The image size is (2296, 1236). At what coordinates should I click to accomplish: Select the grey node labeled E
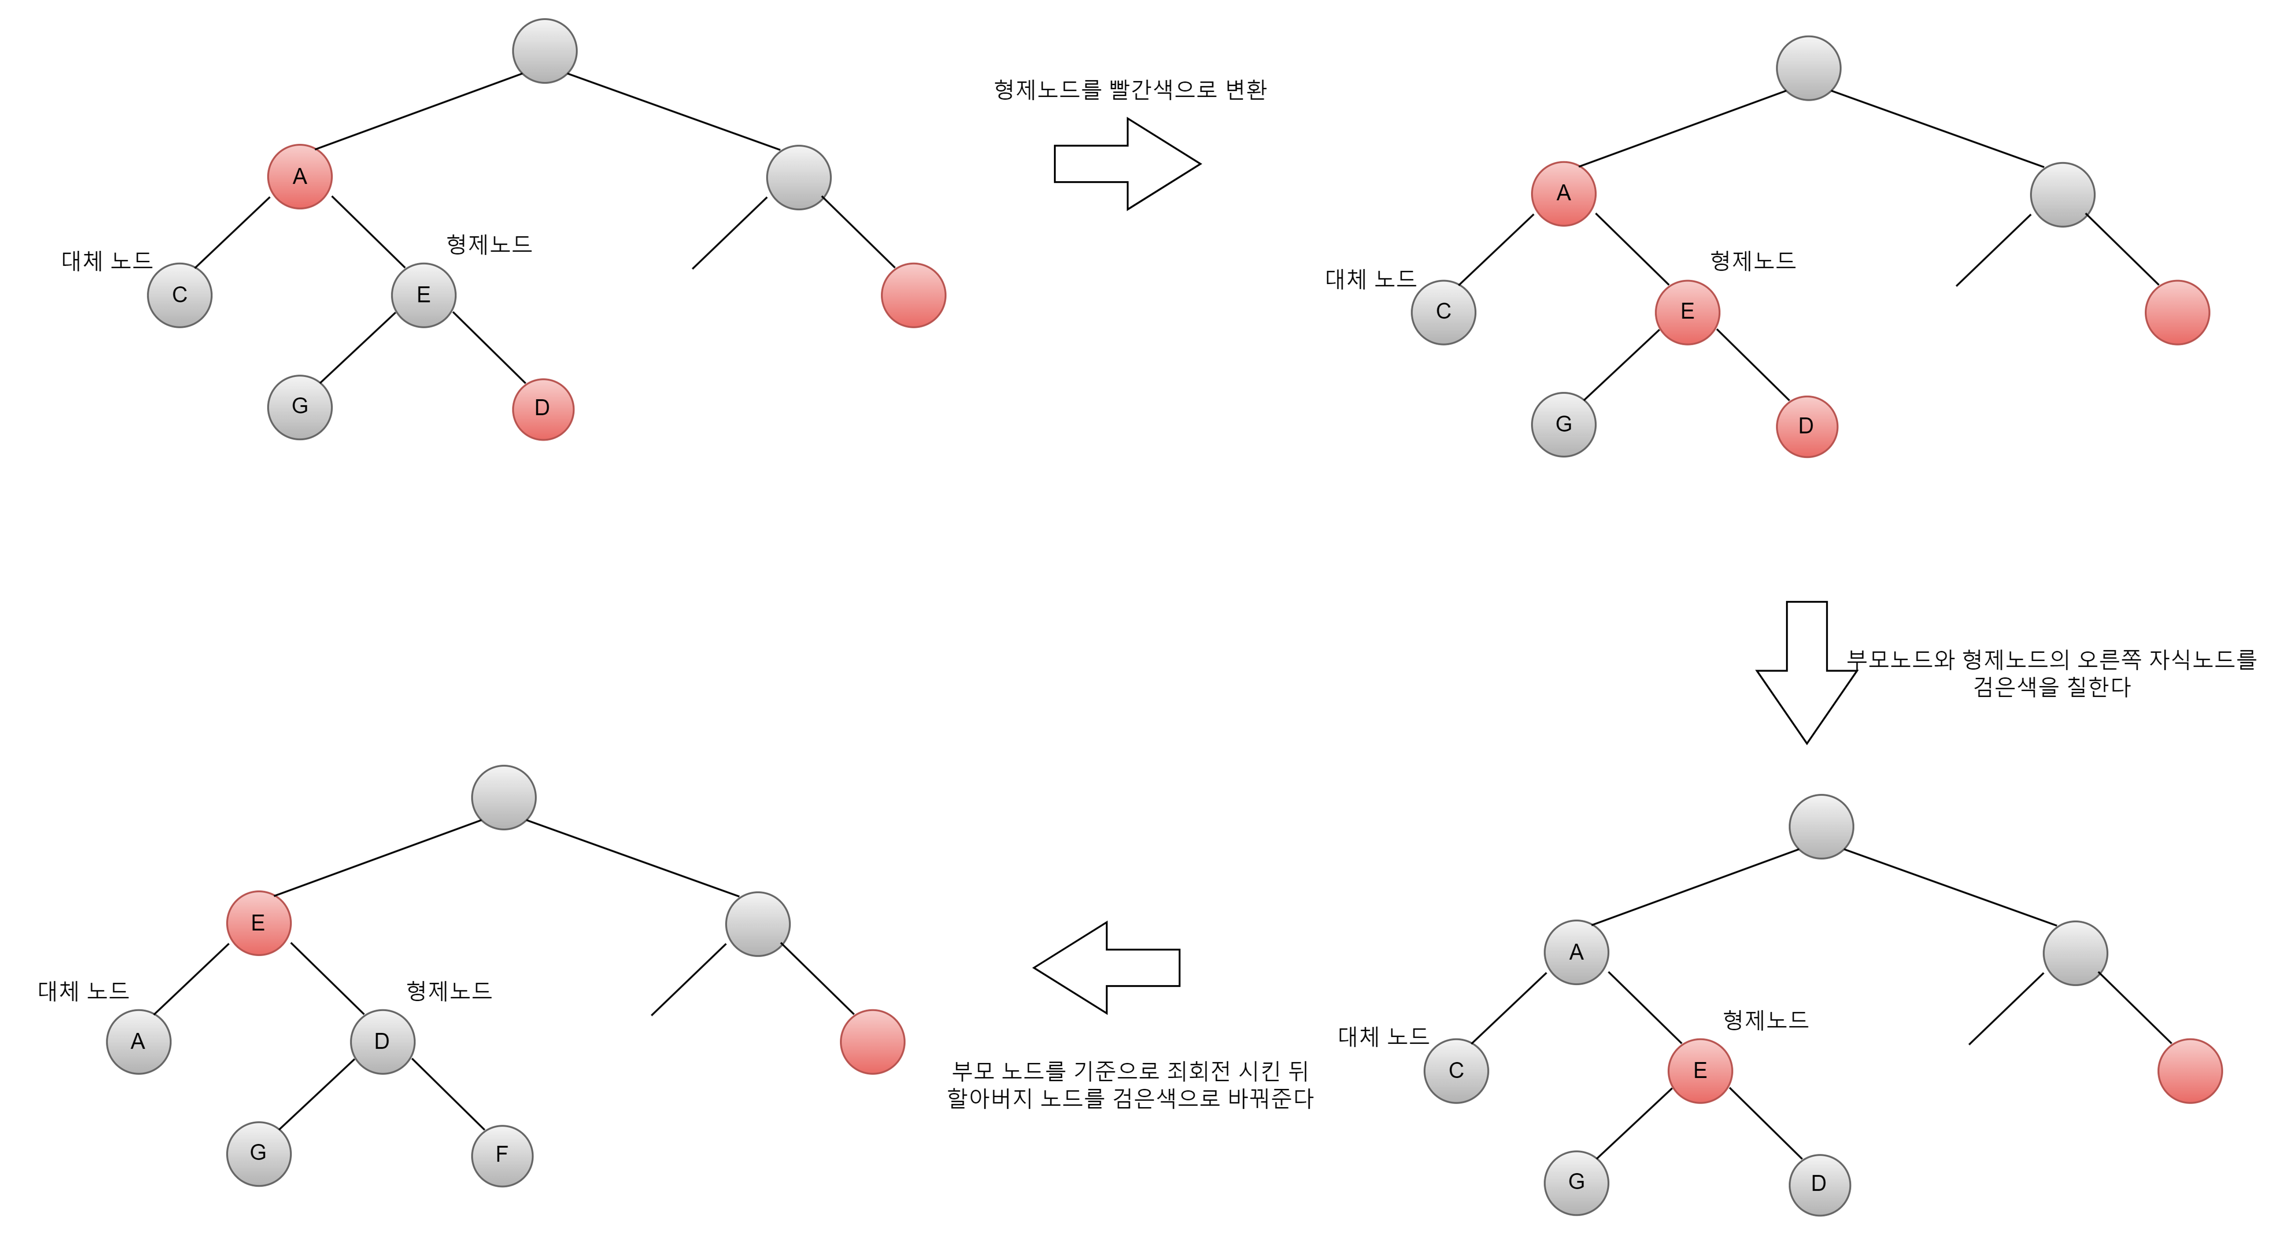[423, 295]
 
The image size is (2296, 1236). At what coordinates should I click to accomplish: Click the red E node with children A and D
[259, 923]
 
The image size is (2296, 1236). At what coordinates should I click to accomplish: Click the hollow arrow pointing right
[1127, 164]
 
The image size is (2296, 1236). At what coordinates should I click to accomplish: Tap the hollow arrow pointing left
[1107, 968]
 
